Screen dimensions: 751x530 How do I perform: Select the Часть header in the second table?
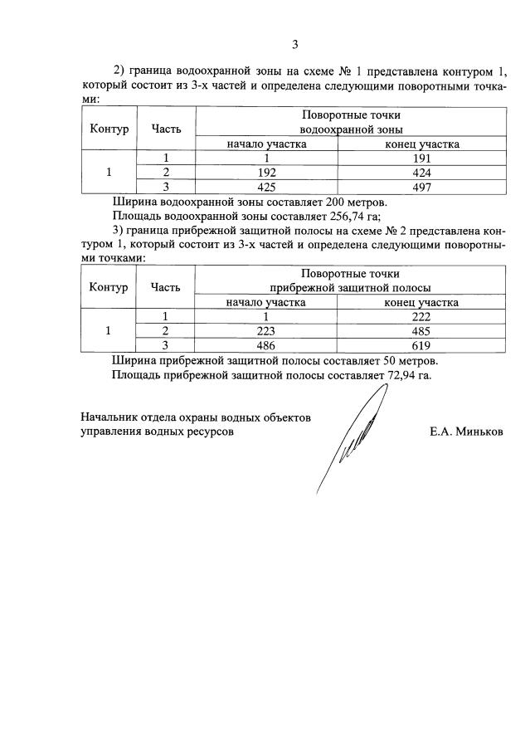pyautogui.click(x=166, y=287)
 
